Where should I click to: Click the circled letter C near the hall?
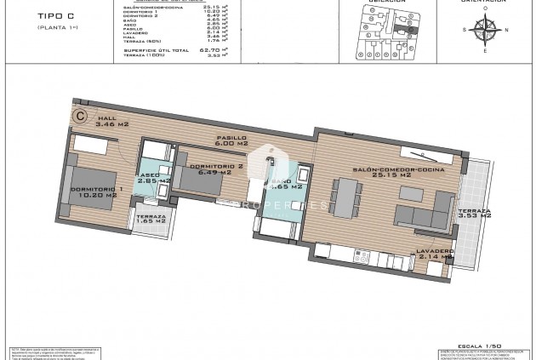(x=81, y=115)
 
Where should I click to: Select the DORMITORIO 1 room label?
(x=97, y=191)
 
